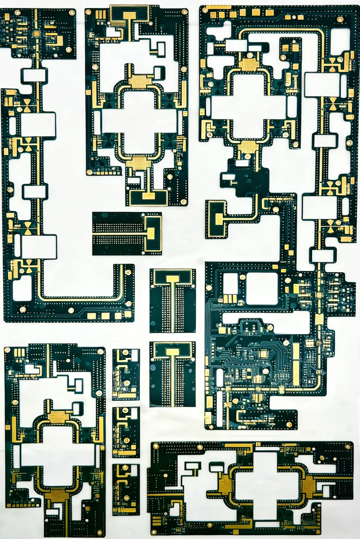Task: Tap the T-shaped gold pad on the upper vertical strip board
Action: pos(172,279)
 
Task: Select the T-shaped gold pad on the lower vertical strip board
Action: pos(172,352)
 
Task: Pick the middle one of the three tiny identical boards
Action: pos(126,432)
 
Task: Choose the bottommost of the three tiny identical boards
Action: pos(126,489)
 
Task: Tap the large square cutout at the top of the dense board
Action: pos(262,289)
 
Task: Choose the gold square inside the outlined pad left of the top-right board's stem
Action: pos(219,219)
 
